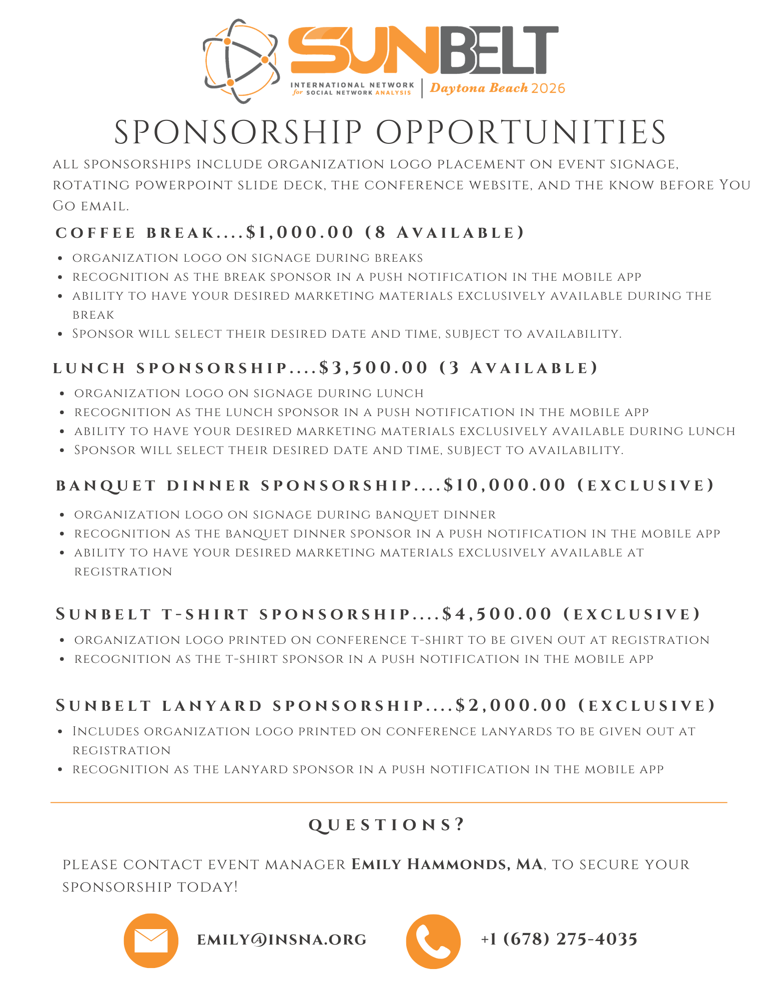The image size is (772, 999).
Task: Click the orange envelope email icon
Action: [x=151, y=941]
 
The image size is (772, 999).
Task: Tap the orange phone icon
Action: [x=433, y=941]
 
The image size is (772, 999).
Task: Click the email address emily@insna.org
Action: [x=282, y=940]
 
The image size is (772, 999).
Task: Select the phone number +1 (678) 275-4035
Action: [x=559, y=939]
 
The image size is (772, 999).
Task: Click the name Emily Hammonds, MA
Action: [x=447, y=864]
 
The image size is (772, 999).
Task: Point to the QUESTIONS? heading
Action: [x=387, y=825]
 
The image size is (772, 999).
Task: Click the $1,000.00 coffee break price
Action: [x=300, y=232]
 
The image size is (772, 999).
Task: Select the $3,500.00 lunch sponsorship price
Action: [x=374, y=368]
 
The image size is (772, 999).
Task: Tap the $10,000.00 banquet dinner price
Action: [x=505, y=485]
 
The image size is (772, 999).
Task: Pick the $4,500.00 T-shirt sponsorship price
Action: [x=497, y=614]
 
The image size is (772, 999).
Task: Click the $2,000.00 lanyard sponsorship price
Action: [x=511, y=705]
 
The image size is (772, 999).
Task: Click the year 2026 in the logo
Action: [x=548, y=88]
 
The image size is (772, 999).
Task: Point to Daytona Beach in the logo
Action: [x=479, y=88]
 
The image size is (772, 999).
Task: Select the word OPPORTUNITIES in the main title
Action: [x=521, y=133]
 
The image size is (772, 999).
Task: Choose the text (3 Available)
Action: [x=519, y=368]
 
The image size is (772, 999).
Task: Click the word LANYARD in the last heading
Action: [x=212, y=706]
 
